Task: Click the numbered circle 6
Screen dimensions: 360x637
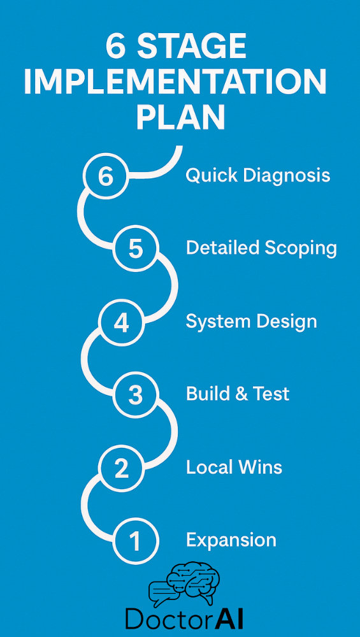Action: point(106,176)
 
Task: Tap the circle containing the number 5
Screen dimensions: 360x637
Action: point(135,248)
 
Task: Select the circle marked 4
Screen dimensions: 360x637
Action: point(121,324)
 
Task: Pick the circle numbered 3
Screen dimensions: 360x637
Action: point(135,395)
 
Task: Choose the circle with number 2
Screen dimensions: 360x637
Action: point(121,468)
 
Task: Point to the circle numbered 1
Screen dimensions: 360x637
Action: point(135,541)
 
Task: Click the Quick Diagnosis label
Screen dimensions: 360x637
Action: point(258,176)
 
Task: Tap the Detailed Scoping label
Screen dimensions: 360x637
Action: point(261,248)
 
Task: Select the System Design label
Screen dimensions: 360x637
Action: point(251,322)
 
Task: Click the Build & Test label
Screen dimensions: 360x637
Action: point(238,394)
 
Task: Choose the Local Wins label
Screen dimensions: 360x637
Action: point(234,467)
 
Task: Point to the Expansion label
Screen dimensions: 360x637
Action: point(231,540)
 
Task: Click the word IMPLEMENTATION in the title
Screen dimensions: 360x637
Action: point(175,82)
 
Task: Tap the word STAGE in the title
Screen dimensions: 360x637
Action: point(191,47)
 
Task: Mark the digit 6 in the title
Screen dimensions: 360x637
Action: point(116,47)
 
